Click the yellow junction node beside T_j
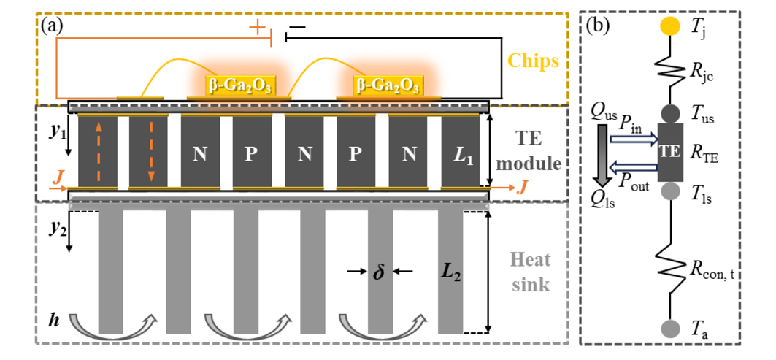tap(666, 26)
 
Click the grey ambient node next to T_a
tap(666, 326)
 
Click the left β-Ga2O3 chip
tap(239, 85)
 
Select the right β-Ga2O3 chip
tap(387, 85)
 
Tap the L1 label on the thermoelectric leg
tap(461, 154)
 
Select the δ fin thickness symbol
tap(378, 273)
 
